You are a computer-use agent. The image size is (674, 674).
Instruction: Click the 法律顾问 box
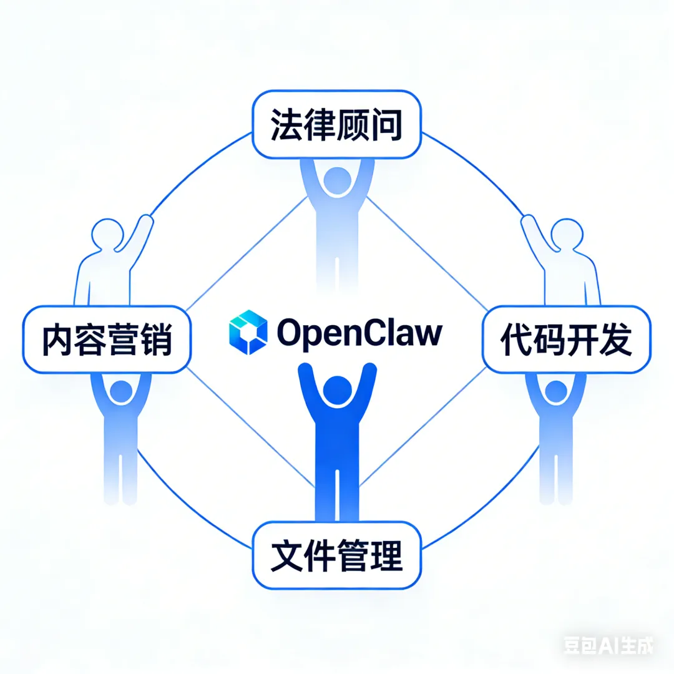[336, 125]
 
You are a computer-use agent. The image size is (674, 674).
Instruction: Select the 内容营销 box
[107, 340]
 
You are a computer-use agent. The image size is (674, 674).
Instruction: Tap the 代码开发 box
[567, 339]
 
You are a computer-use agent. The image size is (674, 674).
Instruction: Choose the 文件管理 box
[336, 555]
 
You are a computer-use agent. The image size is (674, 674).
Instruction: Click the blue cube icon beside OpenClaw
[248, 332]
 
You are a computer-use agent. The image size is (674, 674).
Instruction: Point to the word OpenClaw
[359, 333]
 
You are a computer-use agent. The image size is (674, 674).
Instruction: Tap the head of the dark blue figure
[337, 391]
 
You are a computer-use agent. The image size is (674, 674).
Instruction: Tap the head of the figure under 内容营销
[120, 391]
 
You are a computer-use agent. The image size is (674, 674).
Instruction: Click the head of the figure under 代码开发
[554, 391]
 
